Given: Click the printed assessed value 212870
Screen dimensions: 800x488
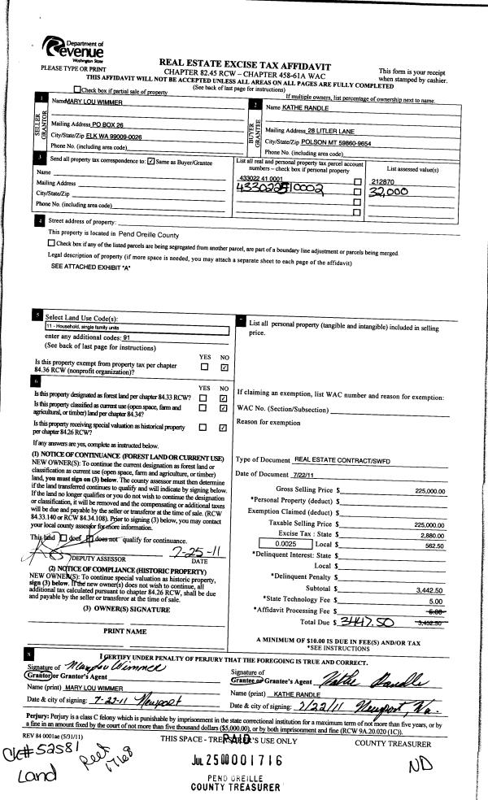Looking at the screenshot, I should tap(381, 181).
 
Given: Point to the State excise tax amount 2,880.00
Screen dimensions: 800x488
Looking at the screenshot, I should tap(429, 537).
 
